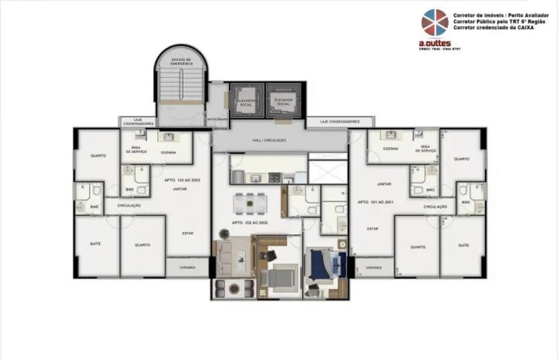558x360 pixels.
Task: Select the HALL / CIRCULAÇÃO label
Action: [x=270, y=140]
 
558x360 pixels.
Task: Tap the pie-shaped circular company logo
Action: [x=435, y=23]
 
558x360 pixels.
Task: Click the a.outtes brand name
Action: [x=435, y=43]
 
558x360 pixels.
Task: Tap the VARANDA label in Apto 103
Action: [x=188, y=268]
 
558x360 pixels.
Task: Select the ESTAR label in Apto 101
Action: [x=373, y=228]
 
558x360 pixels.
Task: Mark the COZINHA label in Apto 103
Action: [x=168, y=152]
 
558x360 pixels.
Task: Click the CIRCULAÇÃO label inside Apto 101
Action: [x=435, y=207]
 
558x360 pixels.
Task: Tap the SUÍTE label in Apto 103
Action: [x=95, y=244]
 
